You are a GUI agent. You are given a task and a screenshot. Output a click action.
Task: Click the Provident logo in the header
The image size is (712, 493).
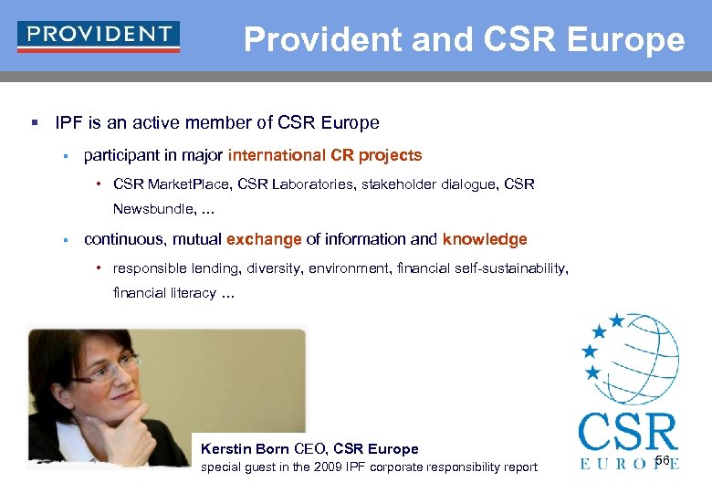pyautogui.click(x=99, y=36)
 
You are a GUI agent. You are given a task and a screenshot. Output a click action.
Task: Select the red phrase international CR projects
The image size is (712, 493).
pyautogui.click(x=325, y=155)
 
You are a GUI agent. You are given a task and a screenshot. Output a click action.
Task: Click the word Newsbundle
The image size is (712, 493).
pyautogui.click(x=152, y=209)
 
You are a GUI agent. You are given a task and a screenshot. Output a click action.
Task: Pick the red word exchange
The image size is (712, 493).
pyautogui.click(x=264, y=239)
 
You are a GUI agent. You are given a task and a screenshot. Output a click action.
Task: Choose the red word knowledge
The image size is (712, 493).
pyautogui.click(x=485, y=239)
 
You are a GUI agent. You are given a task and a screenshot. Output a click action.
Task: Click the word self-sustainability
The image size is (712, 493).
pyautogui.click(x=497, y=268)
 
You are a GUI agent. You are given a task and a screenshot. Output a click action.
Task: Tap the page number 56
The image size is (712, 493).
pyautogui.click(x=662, y=459)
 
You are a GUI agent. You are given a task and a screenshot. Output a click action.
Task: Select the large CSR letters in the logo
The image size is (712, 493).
pyautogui.click(x=628, y=432)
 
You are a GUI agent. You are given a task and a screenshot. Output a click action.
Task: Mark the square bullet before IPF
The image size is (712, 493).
pyautogui.click(x=33, y=123)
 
